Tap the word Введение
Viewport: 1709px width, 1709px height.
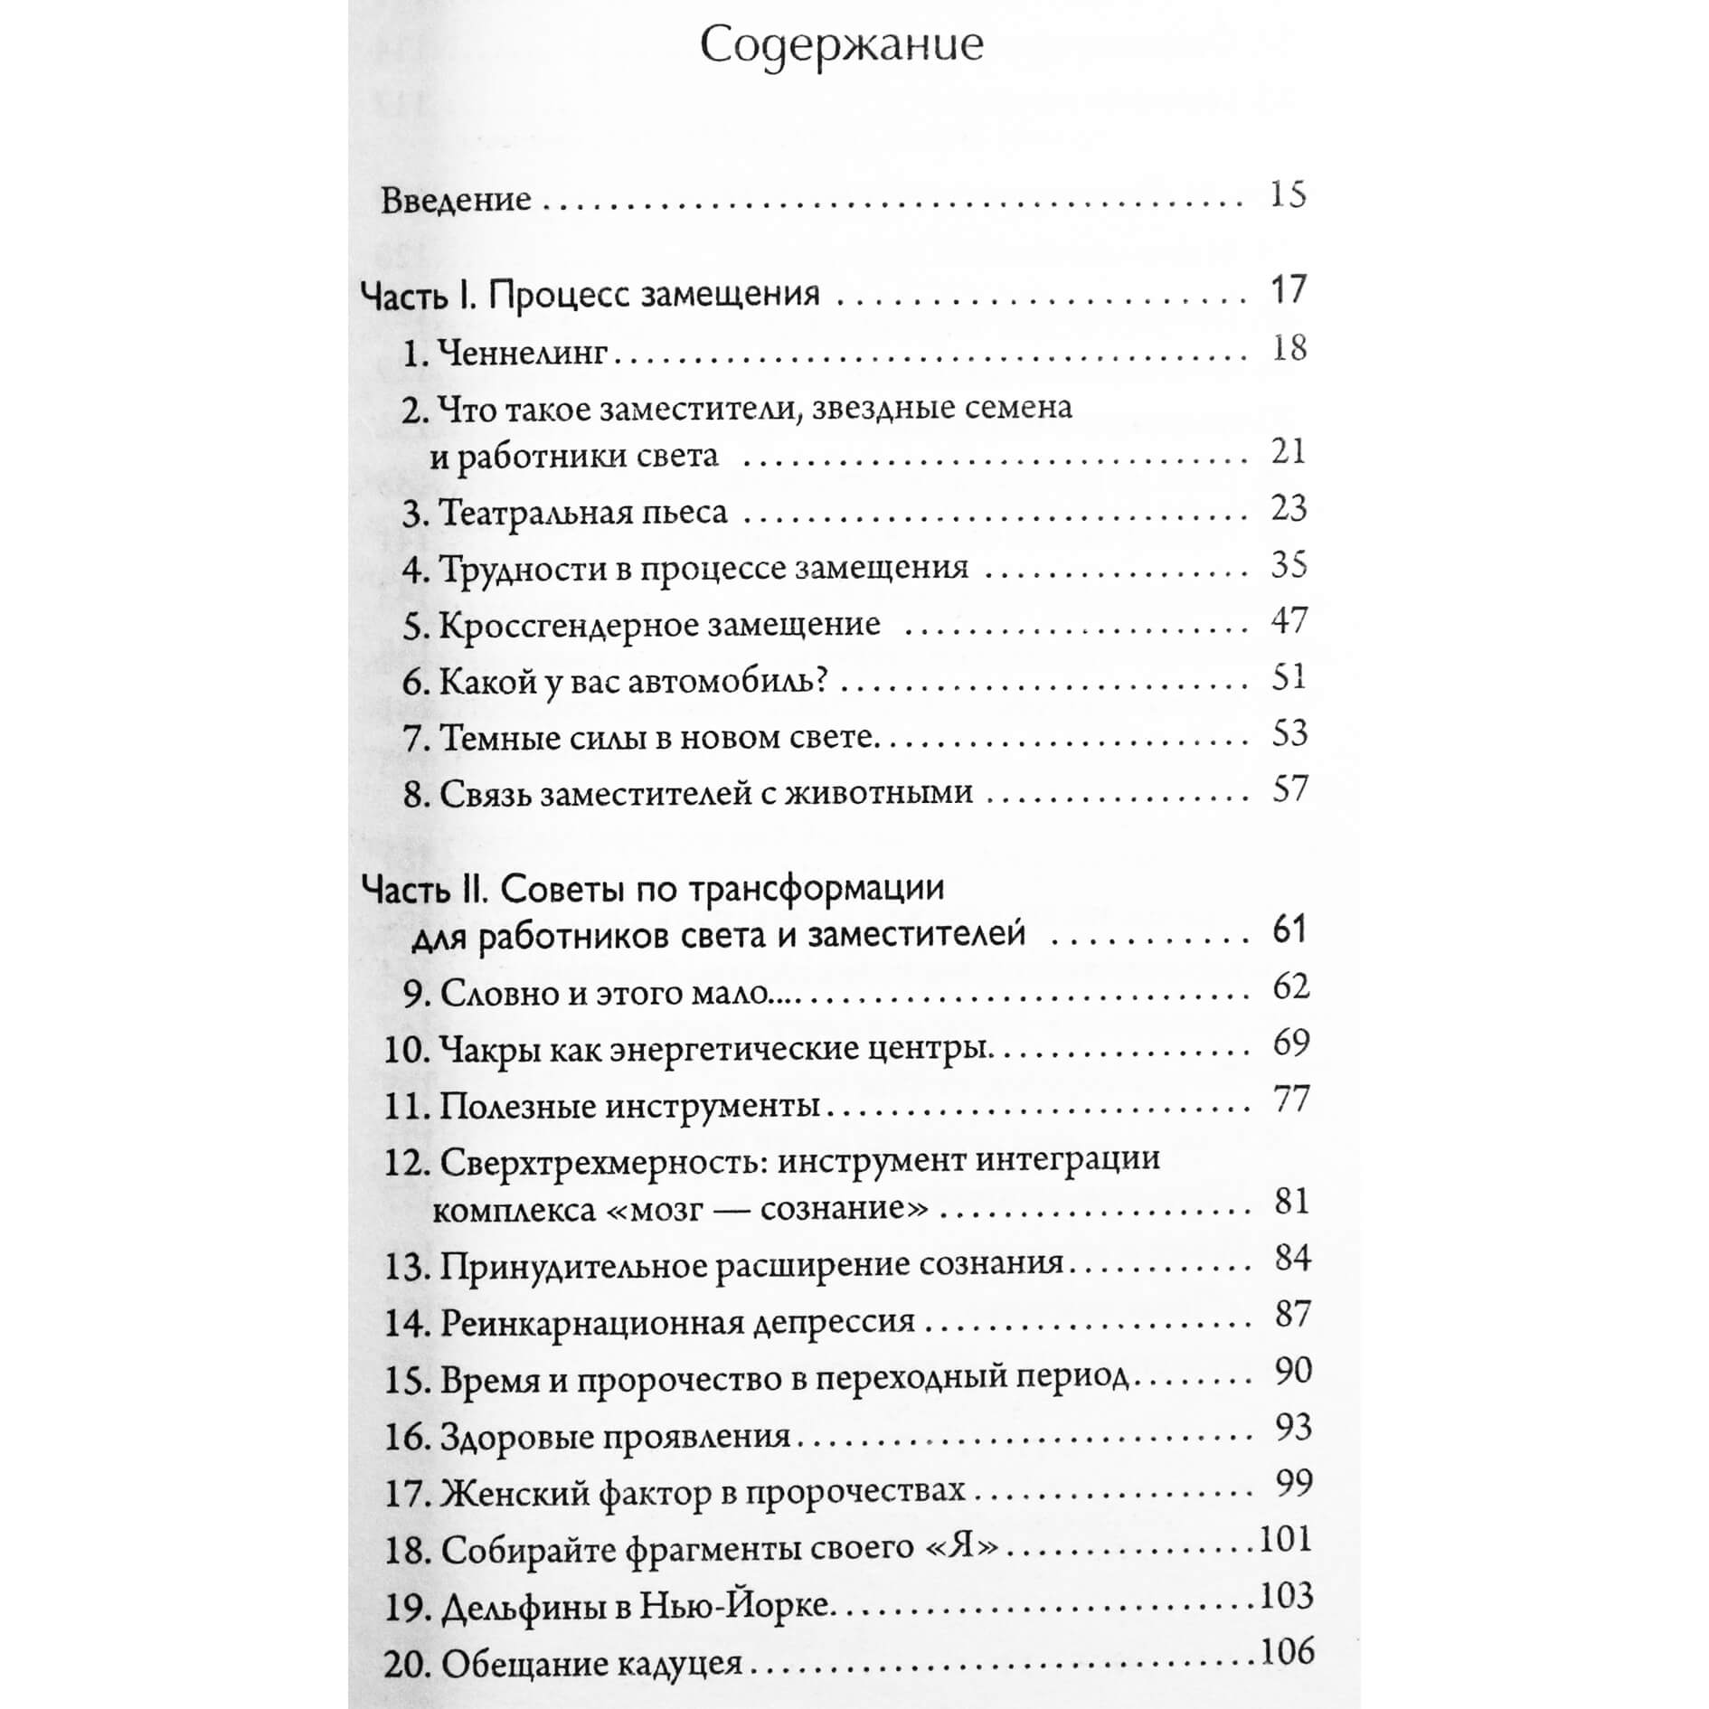(456, 200)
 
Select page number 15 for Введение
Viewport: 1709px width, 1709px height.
(1288, 196)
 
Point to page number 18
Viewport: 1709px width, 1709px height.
(1289, 348)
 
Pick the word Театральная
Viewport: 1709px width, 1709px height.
(535, 513)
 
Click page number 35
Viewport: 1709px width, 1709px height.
(1289, 566)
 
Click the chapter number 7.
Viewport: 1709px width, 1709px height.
(413, 738)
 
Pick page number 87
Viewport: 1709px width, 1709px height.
(1292, 1315)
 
